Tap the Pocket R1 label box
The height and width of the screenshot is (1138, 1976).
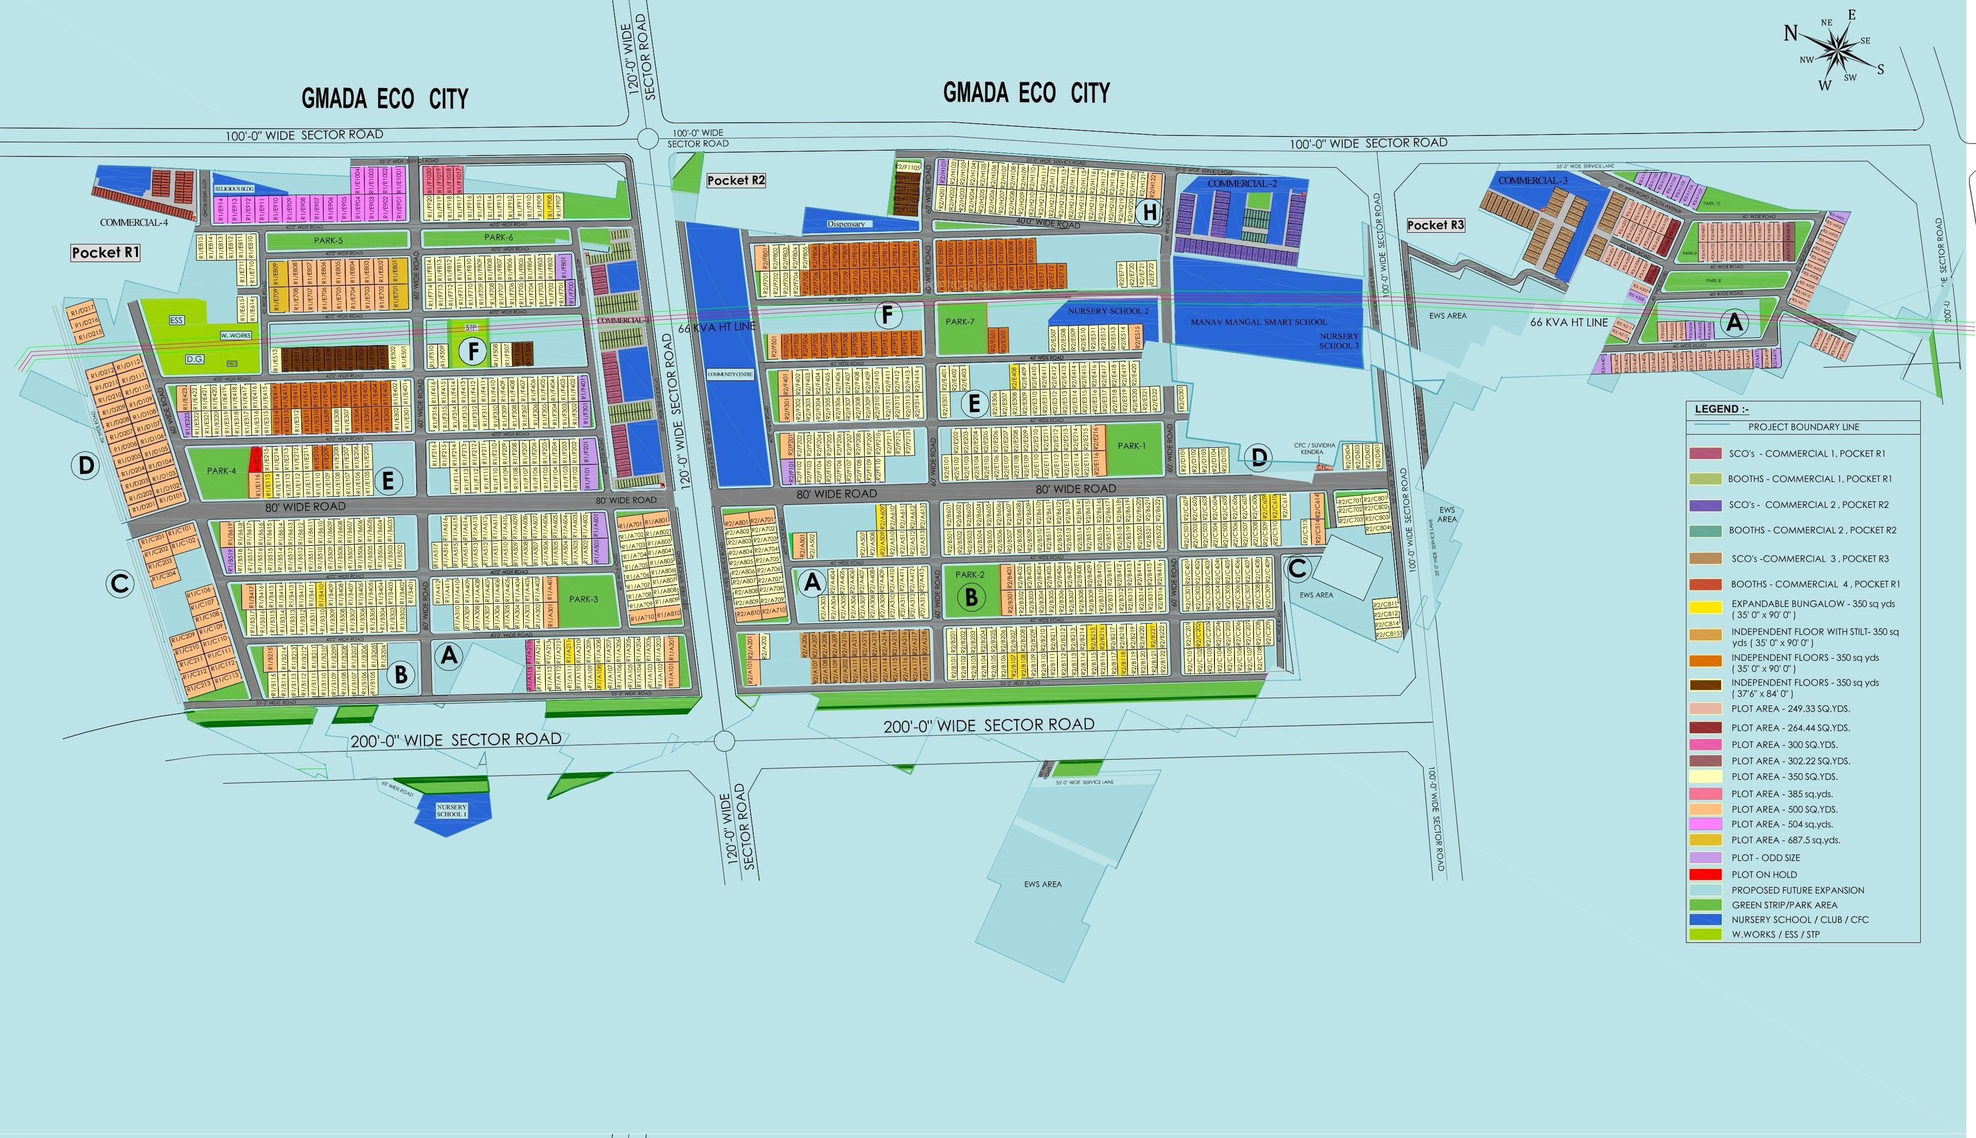click(105, 252)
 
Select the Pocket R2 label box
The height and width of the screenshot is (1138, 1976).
click(736, 180)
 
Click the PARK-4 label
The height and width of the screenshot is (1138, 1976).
click(221, 471)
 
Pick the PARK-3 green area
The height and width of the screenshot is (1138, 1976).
click(584, 600)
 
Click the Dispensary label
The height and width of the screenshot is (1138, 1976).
click(846, 224)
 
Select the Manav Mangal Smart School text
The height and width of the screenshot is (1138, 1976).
click(1258, 322)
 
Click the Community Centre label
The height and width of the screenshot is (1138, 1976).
click(730, 374)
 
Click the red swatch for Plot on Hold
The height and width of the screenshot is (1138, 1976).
click(1705, 874)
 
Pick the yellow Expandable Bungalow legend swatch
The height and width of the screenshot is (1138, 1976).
click(1705, 606)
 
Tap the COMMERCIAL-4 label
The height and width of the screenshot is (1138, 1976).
click(134, 223)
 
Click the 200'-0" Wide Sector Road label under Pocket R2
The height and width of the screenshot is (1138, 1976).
click(989, 725)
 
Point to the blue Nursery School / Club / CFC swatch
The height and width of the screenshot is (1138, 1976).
click(1705, 919)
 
